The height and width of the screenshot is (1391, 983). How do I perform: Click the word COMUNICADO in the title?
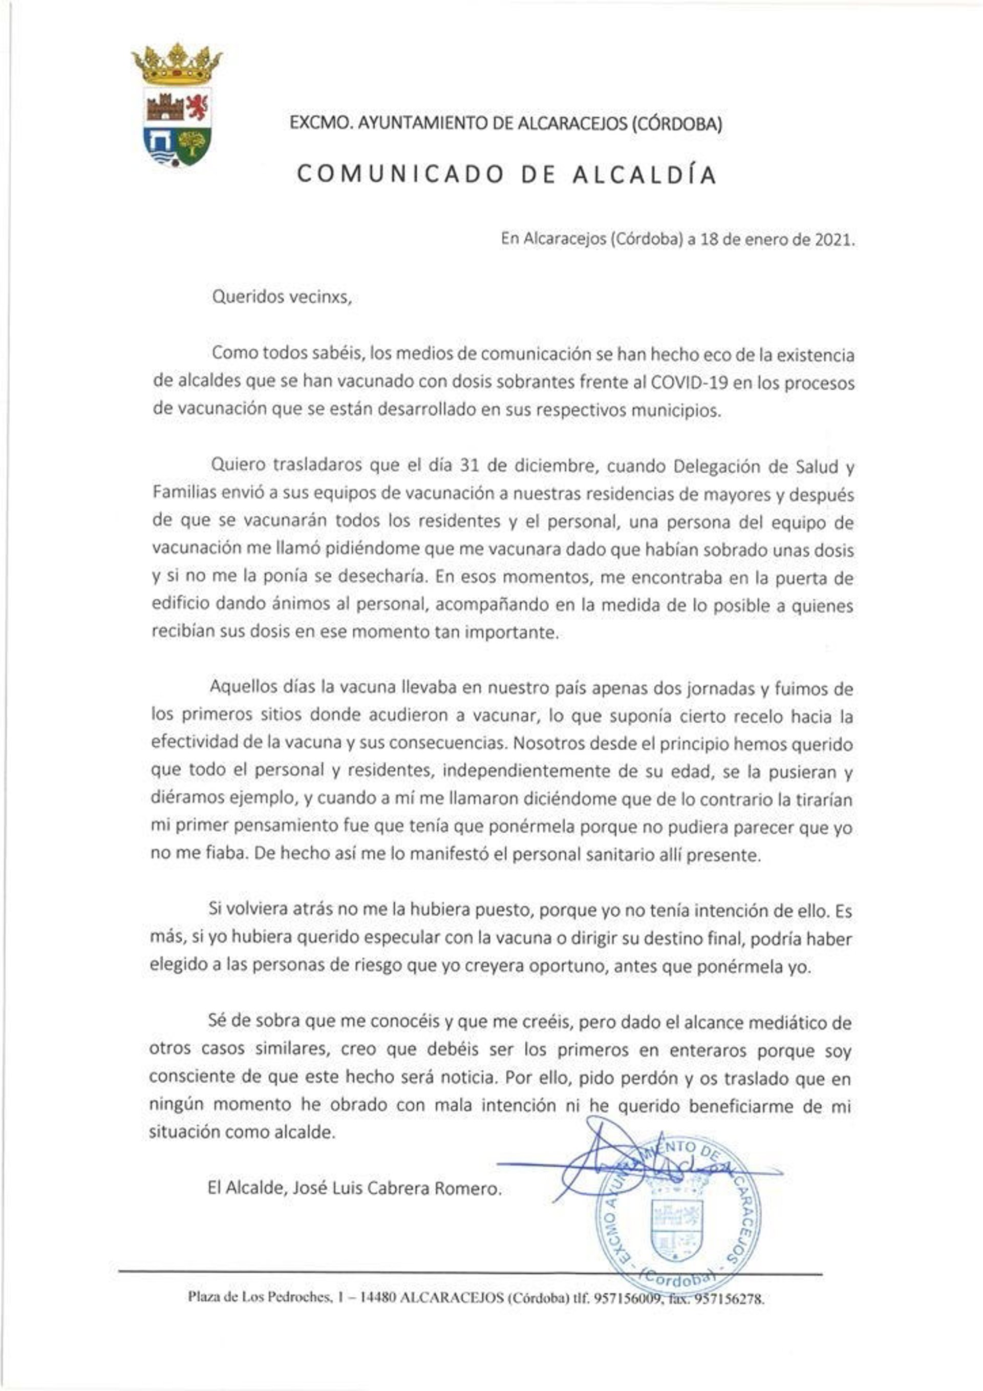coord(401,175)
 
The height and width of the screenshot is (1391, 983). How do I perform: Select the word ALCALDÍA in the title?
coord(645,175)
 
